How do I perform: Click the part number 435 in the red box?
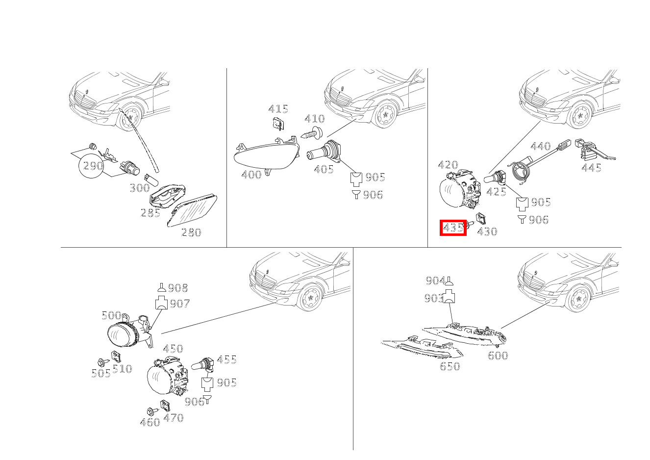pos(453,228)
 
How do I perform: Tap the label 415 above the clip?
pos(278,109)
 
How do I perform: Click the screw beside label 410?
pos(312,133)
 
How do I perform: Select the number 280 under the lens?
pos(191,232)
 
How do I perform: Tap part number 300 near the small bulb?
pos(140,188)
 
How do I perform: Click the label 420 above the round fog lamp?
pos(448,165)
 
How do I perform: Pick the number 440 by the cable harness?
pos(541,146)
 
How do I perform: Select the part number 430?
pos(487,231)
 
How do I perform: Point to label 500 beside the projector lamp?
pos(111,315)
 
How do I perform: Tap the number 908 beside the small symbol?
pos(178,288)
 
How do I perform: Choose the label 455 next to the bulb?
pos(226,360)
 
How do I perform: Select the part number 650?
pos(450,366)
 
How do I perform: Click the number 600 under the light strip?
pos(498,356)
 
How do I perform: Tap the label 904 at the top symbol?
pos(435,281)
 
